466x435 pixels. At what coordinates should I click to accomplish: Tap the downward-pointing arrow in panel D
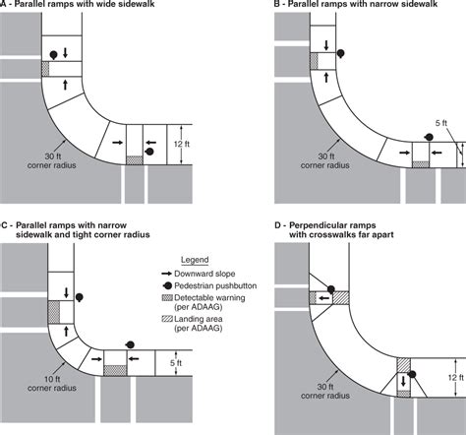[403, 381]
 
